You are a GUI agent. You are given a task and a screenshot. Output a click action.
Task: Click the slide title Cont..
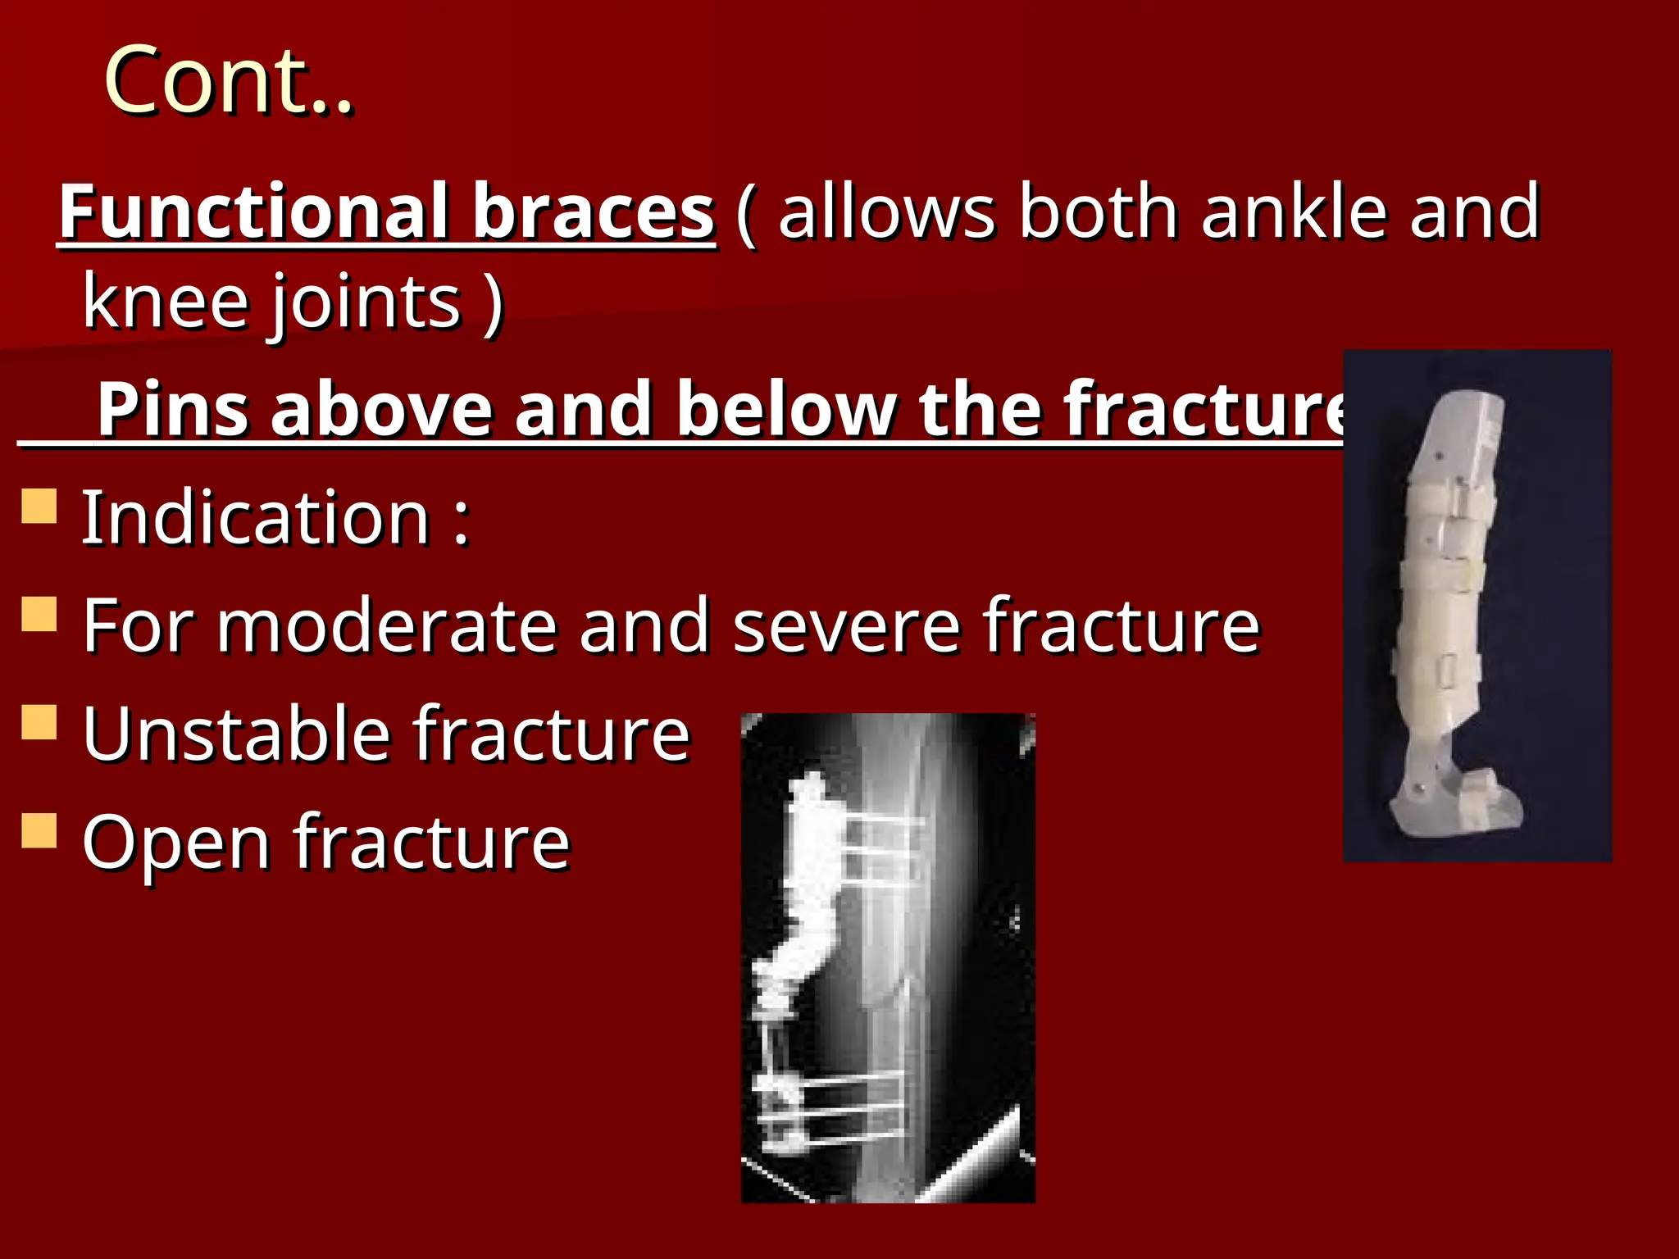click(228, 80)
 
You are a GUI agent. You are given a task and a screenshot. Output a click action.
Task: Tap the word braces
click(594, 211)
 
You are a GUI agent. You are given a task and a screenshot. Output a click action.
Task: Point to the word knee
click(164, 302)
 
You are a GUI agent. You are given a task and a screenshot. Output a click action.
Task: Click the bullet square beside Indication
click(39, 506)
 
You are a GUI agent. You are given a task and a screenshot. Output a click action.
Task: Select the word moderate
click(388, 625)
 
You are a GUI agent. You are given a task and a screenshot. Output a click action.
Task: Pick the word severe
click(846, 627)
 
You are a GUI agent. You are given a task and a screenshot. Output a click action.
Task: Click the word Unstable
click(236, 734)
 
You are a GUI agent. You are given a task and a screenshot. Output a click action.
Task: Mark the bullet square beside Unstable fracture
click(39, 722)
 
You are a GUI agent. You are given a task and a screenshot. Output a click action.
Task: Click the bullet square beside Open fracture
click(39, 830)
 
